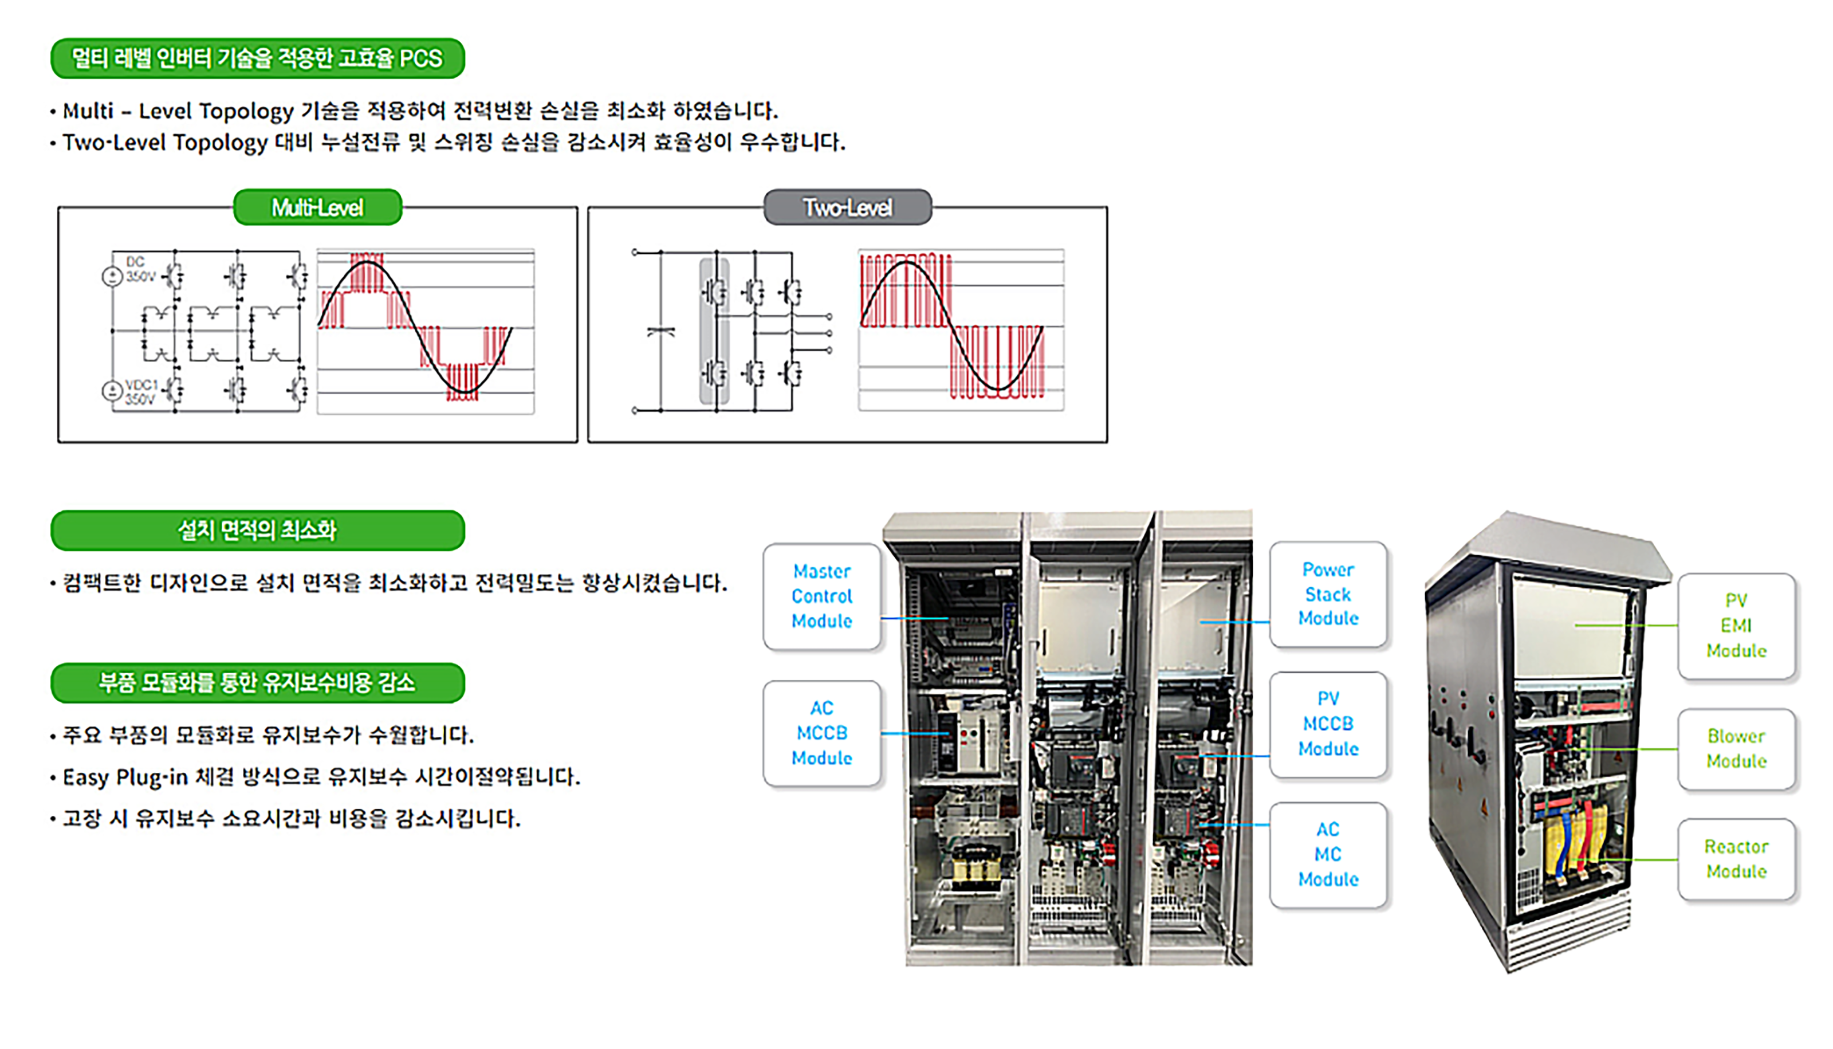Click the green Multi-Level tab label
coord(317,207)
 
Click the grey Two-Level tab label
coord(848,207)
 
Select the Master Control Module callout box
coord(822,596)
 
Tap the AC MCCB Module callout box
coord(822,733)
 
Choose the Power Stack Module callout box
coord(1328,594)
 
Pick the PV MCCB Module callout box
coord(1328,724)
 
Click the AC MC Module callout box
coord(1328,854)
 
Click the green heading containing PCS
coord(258,58)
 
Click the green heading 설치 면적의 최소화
coord(258,531)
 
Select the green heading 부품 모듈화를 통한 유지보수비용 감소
coord(258,682)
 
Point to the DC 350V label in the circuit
coord(139,269)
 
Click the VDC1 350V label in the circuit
coord(140,392)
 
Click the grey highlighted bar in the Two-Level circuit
coord(714,331)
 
